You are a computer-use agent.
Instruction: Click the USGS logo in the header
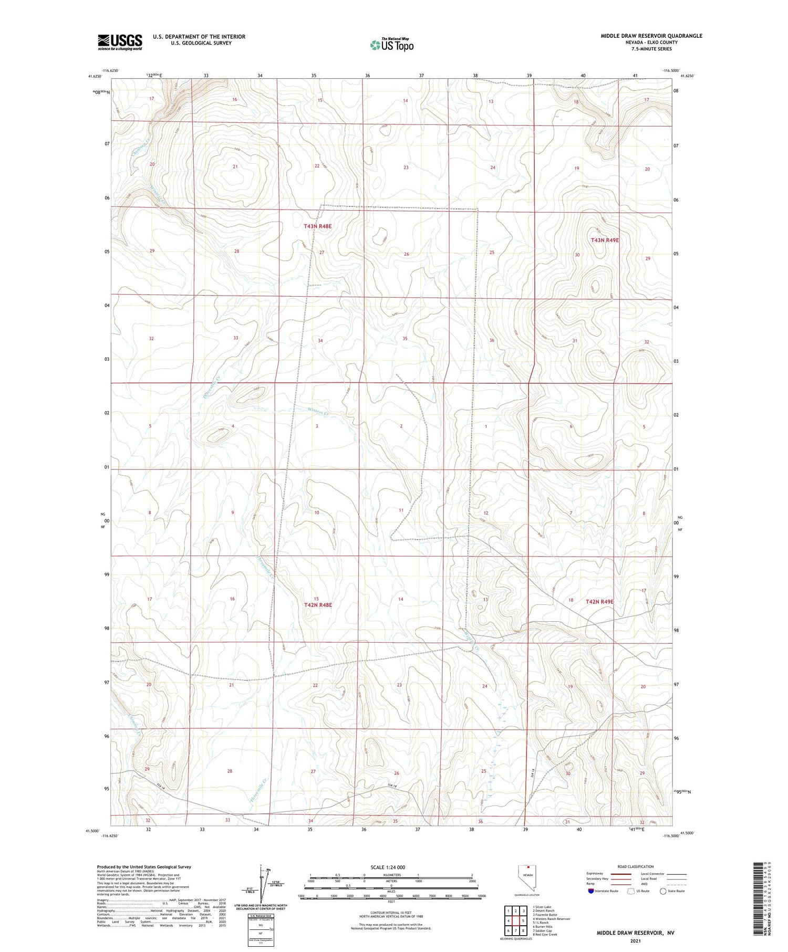tap(120, 42)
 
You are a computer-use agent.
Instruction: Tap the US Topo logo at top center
tap(391, 45)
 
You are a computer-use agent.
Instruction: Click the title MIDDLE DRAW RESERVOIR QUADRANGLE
tap(651, 36)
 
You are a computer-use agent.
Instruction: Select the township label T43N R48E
tap(318, 226)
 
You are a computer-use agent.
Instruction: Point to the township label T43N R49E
tap(605, 240)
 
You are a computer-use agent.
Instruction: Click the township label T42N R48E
tap(318, 605)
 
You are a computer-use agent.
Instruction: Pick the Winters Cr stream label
tap(317, 412)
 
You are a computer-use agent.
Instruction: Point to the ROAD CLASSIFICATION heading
tap(636, 866)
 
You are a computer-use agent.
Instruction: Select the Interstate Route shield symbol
tap(591, 891)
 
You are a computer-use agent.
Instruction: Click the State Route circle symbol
tap(663, 891)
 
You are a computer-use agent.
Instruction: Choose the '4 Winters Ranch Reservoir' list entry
tap(551, 919)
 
